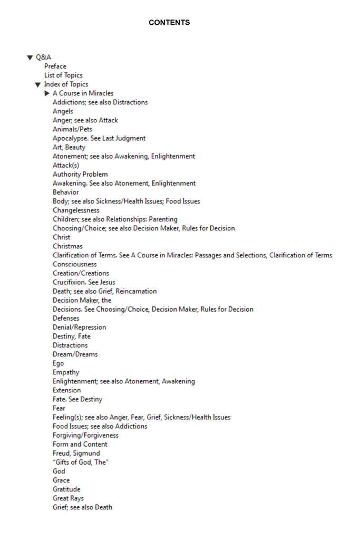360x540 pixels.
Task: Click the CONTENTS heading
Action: [x=169, y=23]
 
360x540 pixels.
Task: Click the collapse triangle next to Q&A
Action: [x=30, y=57]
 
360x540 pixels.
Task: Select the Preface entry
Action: [x=55, y=66]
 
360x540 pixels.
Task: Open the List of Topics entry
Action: [x=63, y=75]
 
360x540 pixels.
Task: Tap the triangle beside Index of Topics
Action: [x=38, y=84]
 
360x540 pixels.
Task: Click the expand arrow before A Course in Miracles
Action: [x=47, y=93]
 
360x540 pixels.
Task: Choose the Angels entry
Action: [x=63, y=111]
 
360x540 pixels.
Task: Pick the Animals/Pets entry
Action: [x=72, y=129]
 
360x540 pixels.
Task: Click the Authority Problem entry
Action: [x=80, y=174]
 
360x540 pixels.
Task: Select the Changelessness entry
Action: [x=76, y=210]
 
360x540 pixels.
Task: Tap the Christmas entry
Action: [x=67, y=246]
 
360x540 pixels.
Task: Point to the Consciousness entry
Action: [x=75, y=264]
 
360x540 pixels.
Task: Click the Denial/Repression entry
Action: [x=79, y=327]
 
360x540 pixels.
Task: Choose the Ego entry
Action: [x=58, y=363]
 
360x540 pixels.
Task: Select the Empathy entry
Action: [x=66, y=372]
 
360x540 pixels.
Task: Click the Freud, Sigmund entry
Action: [x=76, y=453]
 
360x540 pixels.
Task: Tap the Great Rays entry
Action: [x=68, y=498]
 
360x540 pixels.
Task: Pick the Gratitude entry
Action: [x=66, y=489]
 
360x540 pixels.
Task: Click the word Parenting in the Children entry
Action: [x=163, y=219]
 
